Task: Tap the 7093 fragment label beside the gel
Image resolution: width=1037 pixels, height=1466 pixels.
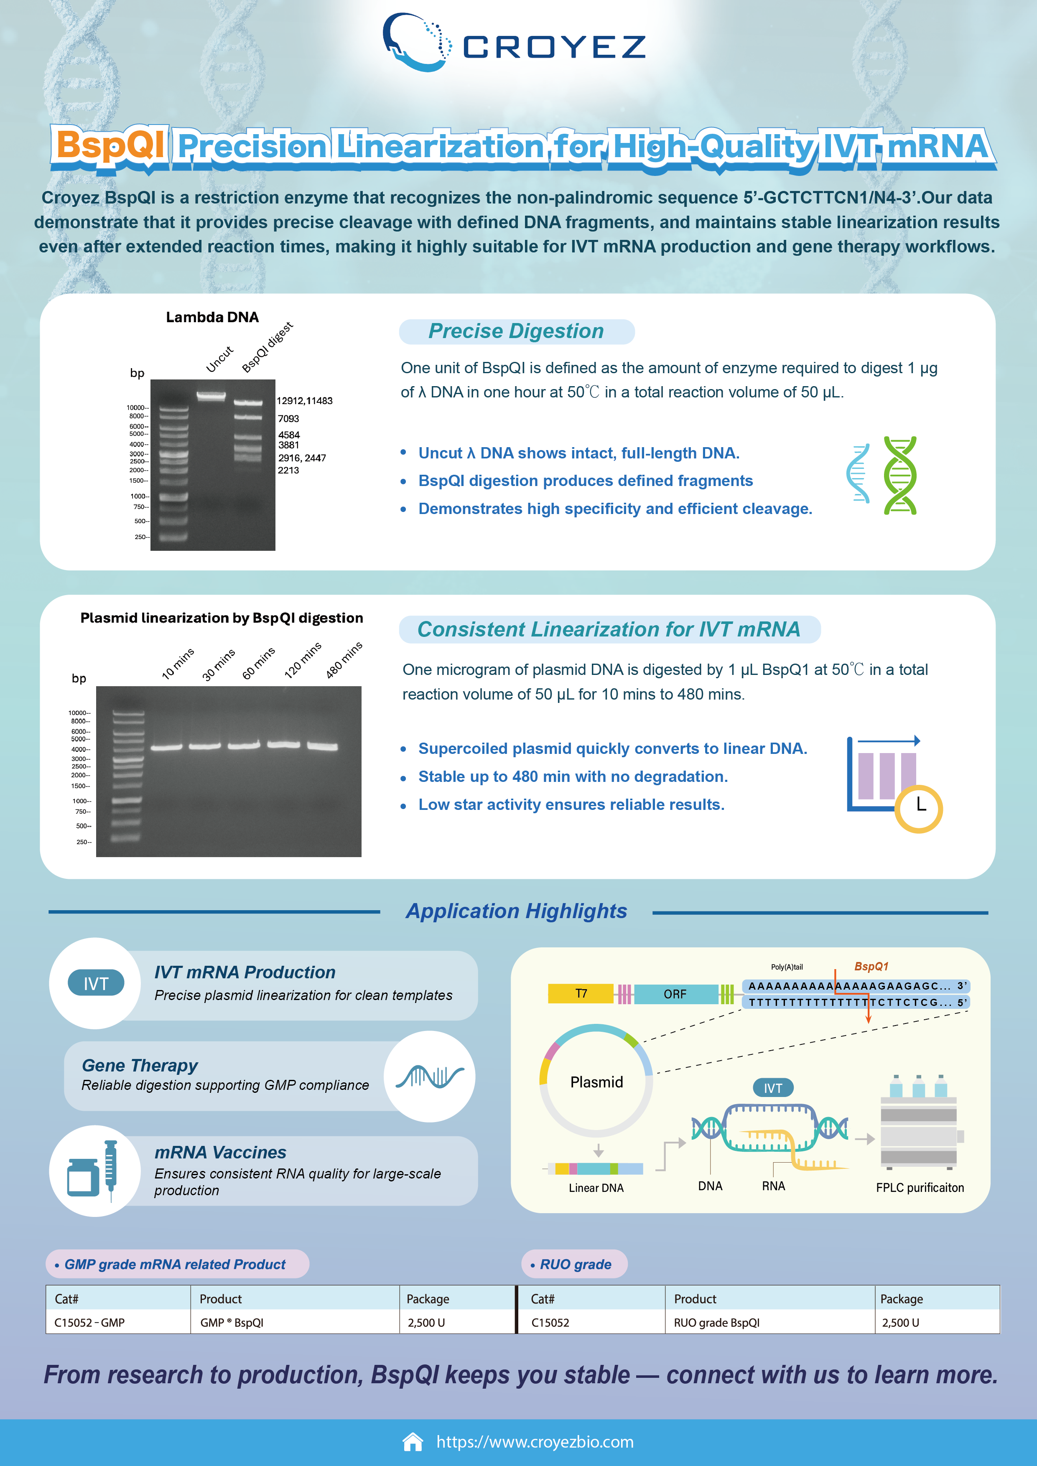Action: point(288,419)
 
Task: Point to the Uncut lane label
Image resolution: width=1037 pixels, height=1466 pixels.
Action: point(220,359)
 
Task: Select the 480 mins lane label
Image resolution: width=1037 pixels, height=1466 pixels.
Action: point(344,659)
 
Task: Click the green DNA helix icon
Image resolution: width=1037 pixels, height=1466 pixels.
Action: point(900,475)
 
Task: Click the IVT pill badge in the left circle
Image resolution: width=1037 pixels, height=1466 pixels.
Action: point(96,983)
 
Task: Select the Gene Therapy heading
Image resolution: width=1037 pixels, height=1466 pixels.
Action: point(140,1066)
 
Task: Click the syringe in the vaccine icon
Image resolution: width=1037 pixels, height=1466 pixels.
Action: point(110,1171)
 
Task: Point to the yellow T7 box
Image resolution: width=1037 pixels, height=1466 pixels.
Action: point(581,993)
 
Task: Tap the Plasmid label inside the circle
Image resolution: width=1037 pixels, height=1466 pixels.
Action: point(596,1082)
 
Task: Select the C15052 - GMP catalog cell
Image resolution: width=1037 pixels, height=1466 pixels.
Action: point(89,1322)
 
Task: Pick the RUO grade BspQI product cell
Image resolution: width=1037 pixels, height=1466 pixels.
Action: point(716,1322)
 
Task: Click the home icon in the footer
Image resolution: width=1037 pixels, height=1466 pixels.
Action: point(413,1442)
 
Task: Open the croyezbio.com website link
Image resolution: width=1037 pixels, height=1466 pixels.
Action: point(535,1442)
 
